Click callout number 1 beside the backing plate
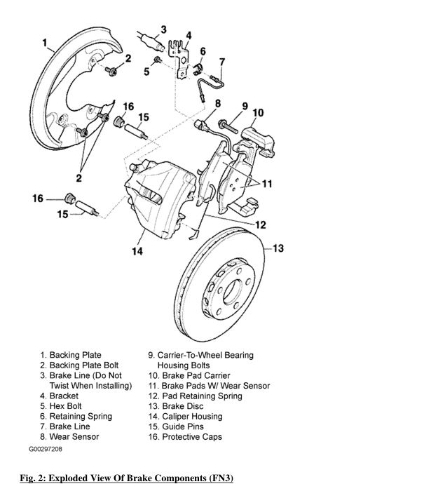pos(46,43)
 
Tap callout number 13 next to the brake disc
pos(278,248)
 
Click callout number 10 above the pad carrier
pos(258,112)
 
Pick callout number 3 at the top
pos(163,29)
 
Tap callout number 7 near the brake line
pos(221,62)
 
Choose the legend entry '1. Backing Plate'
pos(70,356)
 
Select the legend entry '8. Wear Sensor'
pos(69,437)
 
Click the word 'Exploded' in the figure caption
pos(69,478)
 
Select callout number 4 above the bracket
pos(189,35)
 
